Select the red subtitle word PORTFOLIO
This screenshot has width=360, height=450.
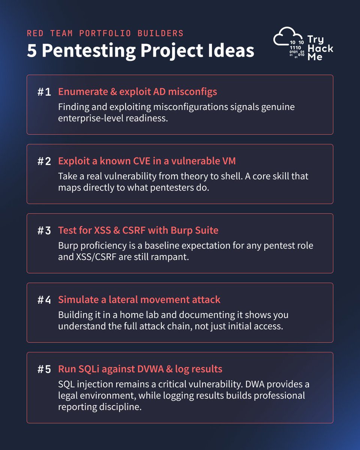pos(105,33)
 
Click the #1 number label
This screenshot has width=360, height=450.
pos(44,92)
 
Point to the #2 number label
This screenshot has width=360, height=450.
pos(44,161)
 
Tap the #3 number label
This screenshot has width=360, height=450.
pos(44,231)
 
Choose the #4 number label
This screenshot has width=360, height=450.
pos(44,300)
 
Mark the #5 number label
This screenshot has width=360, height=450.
pos(44,369)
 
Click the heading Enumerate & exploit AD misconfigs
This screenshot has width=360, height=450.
pos(138,92)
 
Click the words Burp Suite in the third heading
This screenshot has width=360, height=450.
pos(195,230)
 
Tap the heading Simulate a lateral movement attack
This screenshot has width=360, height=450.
pos(139,300)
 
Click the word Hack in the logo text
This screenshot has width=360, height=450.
pos(321,48)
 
